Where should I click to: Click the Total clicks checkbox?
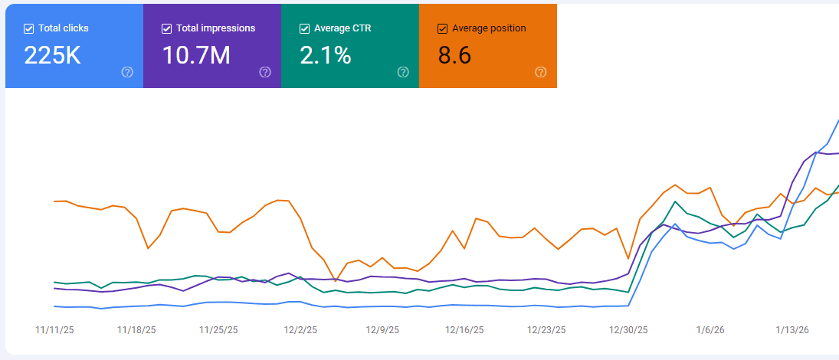pyautogui.click(x=28, y=28)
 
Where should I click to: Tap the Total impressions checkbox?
pyautogui.click(x=166, y=28)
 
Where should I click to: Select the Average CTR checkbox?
pyautogui.click(x=304, y=28)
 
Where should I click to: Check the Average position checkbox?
pyautogui.click(x=442, y=28)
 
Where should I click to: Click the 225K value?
pyautogui.click(x=52, y=55)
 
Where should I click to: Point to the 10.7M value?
pyautogui.click(x=196, y=55)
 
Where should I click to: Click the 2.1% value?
pyautogui.click(x=326, y=55)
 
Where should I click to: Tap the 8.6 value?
pyautogui.click(x=454, y=55)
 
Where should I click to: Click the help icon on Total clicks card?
pyautogui.click(x=127, y=72)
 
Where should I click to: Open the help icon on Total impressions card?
pyautogui.click(x=265, y=72)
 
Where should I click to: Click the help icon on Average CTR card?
pyautogui.click(x=403, y=72)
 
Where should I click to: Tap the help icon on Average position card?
pyautogui.click(x=541, y=72)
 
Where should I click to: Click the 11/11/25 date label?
pyautogui.click(x=54, y=330)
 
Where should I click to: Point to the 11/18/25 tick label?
pyautogui.click(x=136, y=330)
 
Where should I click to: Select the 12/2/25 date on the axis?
pyautogui.click(x=300, y=330)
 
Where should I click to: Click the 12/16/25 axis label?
pyautogui.click(x=464, y=330)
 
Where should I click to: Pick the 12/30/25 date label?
pyautogui.click(x=628, y=330)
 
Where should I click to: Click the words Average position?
pyautogui.click(x=489, y=28)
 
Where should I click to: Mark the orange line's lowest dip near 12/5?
pyautogui.click(x=336, y=281)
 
